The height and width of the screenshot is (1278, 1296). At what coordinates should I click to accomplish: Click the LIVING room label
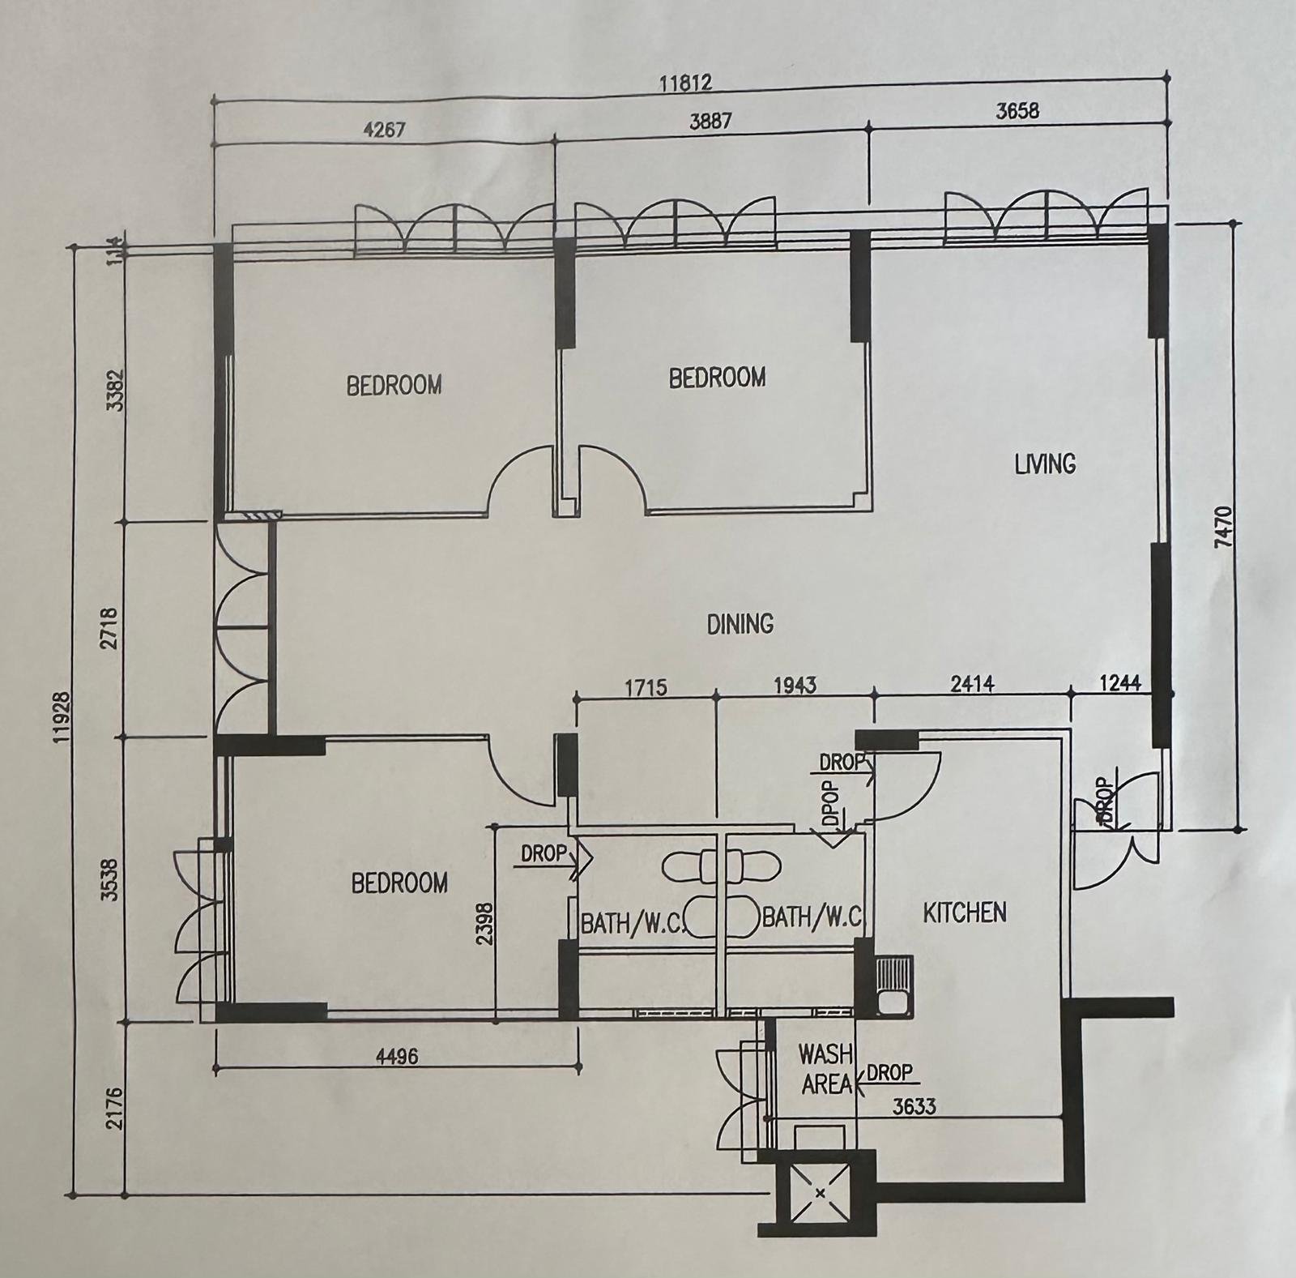(1045, 464)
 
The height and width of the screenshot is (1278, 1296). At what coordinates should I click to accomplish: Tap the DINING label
(740, 623)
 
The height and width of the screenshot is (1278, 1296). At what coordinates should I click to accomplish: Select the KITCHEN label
(965, 913)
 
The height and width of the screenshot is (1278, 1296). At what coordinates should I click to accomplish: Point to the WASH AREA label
(826, 1069)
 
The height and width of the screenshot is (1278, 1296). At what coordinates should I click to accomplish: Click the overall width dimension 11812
(684, 82)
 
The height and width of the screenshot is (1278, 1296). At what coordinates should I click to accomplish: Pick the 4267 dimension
(384, 129)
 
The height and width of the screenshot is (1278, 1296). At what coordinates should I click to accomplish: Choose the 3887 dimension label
(710, 121)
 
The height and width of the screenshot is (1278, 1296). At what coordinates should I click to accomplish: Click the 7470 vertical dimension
(1223, 528)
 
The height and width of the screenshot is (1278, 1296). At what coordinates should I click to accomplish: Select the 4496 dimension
(396, 1057)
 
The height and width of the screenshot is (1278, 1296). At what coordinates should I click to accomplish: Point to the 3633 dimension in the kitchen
(913, 1105)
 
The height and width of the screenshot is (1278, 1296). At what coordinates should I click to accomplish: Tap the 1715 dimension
(646, 688)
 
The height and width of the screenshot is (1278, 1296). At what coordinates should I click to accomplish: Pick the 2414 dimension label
(972, 686)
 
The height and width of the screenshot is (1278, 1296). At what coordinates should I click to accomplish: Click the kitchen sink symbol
(893, 986)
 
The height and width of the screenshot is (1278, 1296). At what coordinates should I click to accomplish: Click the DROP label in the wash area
(889, 1072)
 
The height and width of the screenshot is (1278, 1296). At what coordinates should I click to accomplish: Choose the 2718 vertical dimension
(113, 628)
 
